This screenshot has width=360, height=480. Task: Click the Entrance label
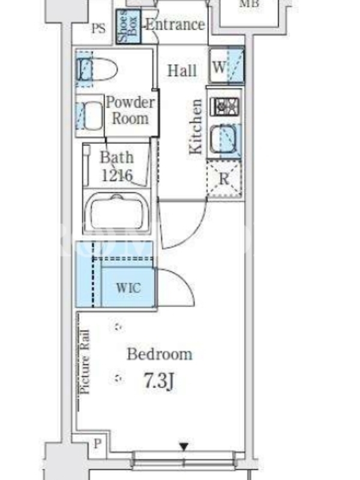pos(175,25)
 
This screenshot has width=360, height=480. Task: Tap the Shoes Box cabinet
pos(128,26)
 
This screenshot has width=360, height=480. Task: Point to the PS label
pos(98,29)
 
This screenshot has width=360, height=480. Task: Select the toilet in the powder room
pos(97,69)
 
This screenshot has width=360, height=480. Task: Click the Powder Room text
pos(130,110)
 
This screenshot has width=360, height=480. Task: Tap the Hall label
pos(182,71)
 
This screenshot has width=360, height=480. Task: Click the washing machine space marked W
pos(227,66)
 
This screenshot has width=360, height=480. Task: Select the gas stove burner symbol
pos(225,106)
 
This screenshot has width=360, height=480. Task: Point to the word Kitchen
pos(196,127)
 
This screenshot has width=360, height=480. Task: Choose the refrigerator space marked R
pos(224,178)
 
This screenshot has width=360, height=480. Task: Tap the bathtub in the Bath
pos(116,212)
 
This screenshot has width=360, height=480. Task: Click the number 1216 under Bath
pos(117,175)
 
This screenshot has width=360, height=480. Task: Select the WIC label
pos(128,288)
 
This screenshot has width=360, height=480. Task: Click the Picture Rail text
pos(85,362)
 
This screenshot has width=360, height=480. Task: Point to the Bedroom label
pos(160,354)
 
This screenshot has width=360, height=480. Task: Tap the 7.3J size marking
pos(159,381)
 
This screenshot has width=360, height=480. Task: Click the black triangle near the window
pos(184,446)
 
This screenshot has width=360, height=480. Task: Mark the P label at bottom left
pos(97,443)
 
